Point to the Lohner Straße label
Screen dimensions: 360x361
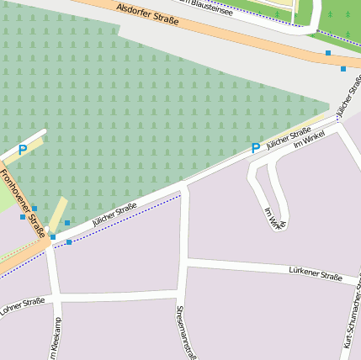pyautogui.click(x=22, y=304)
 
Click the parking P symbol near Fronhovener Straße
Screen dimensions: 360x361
pyautogui.click(x=23, y=150)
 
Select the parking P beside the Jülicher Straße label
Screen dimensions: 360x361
pyautogui.click(x=256, y=148)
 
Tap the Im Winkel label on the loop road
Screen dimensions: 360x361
pyautogui.click(x=275, y=218)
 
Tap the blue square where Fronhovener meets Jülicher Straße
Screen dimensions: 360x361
pyautogui.click(x=52, y=237)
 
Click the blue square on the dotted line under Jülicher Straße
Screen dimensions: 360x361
pyautogui.click(x=69, y=242)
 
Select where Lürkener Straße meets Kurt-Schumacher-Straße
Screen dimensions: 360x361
pyautogui.click(x=352, y=281)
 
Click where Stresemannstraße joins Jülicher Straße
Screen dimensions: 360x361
pyautogui.click(x=184, y=183)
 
